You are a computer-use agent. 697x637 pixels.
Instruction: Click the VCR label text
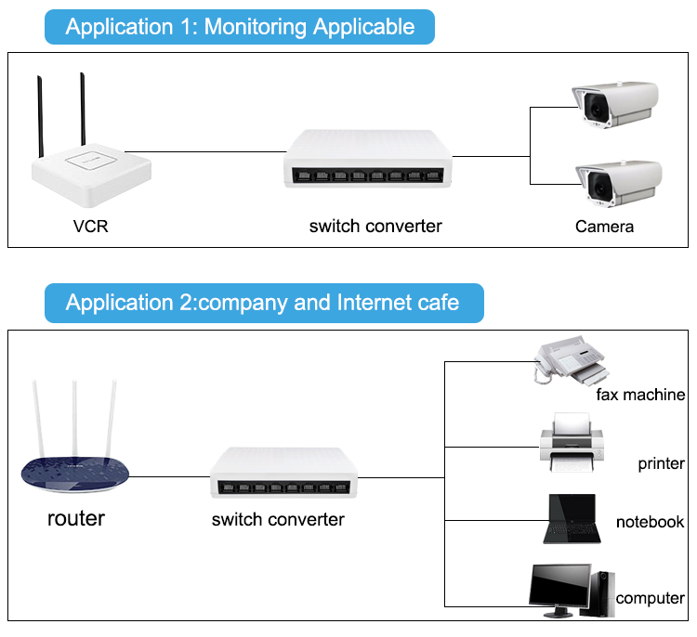pyautogui.click(x=91, y=226)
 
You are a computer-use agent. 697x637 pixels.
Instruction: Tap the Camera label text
pyautogui.click(x=604, y=227)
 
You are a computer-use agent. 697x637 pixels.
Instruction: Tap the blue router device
pyautogui.click(x=75, y=469)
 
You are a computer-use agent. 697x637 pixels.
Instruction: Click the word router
pyautogui.click(x=76, y=517)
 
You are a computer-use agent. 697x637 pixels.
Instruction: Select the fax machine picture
pyautogui.click(x=568, y=363)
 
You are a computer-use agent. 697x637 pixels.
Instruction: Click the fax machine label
pyautogui.click(x=640, y=395)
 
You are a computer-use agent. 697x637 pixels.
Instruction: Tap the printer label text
pyautogui.click(x=661, y=463)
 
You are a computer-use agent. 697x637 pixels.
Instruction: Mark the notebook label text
pyautogui.click(x=650, y=522)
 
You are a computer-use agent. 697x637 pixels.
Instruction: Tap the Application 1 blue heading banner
pyautogui.click(x=240, y=26)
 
